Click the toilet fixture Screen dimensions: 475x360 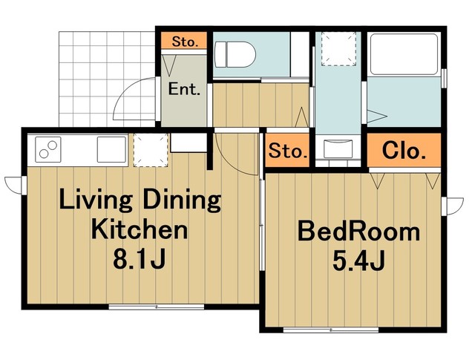235,55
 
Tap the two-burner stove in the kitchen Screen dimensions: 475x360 48,150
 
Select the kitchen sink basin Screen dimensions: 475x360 111,149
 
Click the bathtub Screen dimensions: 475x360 404,54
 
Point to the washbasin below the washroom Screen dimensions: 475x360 338,148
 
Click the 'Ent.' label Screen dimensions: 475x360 184,89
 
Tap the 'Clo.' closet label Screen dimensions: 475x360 404,150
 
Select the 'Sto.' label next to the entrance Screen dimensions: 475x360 185,42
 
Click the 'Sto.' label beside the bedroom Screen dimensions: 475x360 288,151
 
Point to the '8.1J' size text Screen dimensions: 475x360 139,259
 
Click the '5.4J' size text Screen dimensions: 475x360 358,261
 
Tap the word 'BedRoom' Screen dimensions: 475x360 359,232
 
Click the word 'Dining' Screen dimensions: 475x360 182,201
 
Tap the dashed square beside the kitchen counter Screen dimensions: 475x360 151,150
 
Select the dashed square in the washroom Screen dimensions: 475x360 338,48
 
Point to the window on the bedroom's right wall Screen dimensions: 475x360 452,206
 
